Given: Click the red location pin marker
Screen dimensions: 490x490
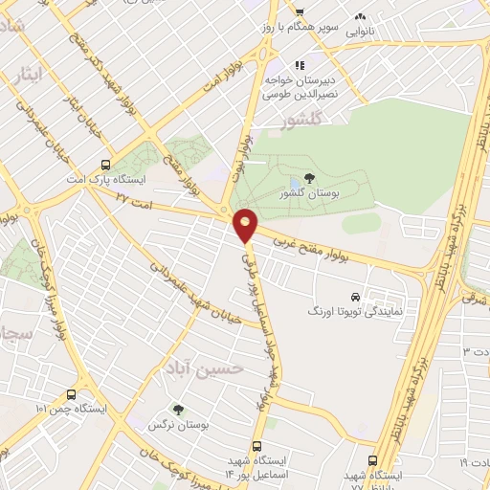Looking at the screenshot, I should (x=246, y=226).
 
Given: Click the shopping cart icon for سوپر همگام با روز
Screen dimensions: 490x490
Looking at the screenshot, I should (x=300, y=13).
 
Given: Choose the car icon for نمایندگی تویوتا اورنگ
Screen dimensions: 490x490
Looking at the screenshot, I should (x=356, y=296).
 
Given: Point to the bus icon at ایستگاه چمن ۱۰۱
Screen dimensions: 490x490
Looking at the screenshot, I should (x=72, y=394).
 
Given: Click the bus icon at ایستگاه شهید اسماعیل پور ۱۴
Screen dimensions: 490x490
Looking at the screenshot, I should (x=256, y=445).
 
